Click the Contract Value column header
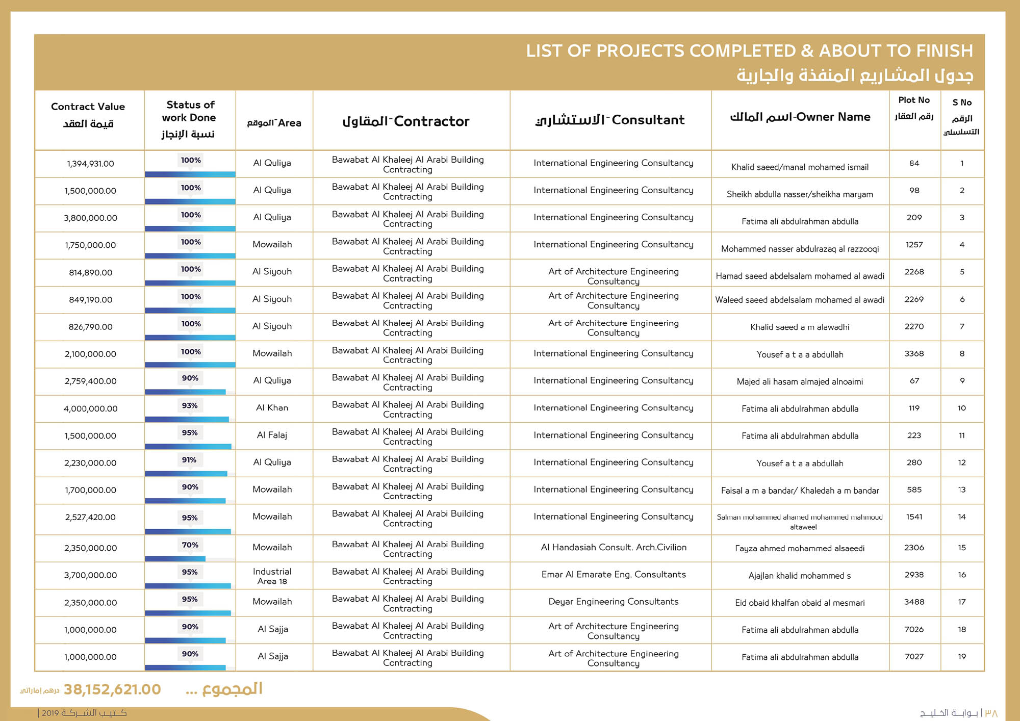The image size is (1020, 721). pyautogui.click(x=88, y=115)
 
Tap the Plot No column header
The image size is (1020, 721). pyautogui.click(x=914, y=108)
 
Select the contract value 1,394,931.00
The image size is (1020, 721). pyautogui.click(x=90, y=164)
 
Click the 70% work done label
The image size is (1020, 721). pyautogui.click(x=190, y=545)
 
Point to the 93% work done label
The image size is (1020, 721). pyautogui.click(x=190, y=406)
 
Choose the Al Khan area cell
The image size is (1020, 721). pyautogui.click(x=272, y=408)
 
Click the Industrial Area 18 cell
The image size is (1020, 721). pyautogui.click(x=272, y=576)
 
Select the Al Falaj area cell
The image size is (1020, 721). pyautogui.click(x=272, y=435)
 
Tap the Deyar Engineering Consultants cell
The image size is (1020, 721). pyautogui.click(x=613, y=602)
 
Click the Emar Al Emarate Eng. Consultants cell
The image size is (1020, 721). pyautogui.click(x=613, y=575)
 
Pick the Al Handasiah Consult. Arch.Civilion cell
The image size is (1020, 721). pyautogui.click(x=613, y=548)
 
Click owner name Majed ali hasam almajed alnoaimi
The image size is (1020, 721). pyautogui.click(x=799, y=381)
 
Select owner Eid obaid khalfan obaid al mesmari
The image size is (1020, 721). pyautogui.click(x=799, y=603)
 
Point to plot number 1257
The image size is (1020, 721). pyautogui.click(x=914, y=245)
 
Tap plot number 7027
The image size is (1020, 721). pyautogui.click(x=914, y=657)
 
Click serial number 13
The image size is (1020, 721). pyautogui.click(x=961, y=490)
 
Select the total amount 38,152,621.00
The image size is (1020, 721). pyautogui.click(x=112, y=689)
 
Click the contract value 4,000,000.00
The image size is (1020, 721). pyautogui.click(x=90, y=408)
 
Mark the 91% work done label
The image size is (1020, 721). pyautogui.click(x=189, y=460)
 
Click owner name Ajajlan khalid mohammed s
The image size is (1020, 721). pyautogui.click(x=799, y=576)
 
